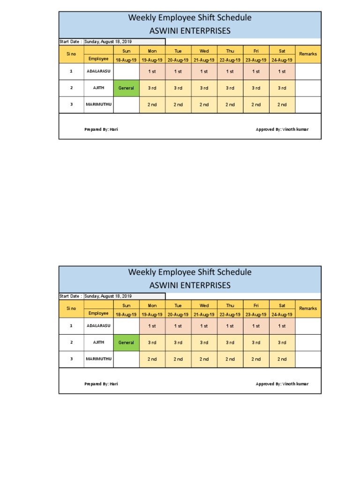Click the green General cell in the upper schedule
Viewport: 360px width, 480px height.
pyautogui.click(x=126, y=88)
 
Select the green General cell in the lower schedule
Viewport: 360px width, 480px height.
pyautogui.click(x=126, y=343)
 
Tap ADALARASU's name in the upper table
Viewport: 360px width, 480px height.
pyautogui.click(x=98, y=71)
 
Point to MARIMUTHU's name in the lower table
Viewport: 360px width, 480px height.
pyautogui.click(x=98, y=359)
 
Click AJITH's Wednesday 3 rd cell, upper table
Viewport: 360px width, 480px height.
pyautogui.click(x=204, y=88)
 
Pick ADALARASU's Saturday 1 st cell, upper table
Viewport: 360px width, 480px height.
pyautogui.click(x=282, y=71)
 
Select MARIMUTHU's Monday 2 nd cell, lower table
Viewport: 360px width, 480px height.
pyautogui.click(x=152, y=359)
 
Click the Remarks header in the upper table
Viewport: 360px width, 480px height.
pyautogui.click(x=308, y=54)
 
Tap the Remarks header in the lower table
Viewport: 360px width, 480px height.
pyautogui.click(x=308, y=309)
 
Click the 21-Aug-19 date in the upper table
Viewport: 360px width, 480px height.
pyautogui.click(x=204, y=60)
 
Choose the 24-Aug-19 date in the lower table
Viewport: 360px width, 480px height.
pyautogui.click(x=282, y=315)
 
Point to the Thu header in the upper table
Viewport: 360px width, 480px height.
pyautogui.click(x=230, y=50)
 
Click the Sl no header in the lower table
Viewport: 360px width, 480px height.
pyautogui.click(x=71, y=309)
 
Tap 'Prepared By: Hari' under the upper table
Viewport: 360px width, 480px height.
pyautogui.click(x=101, y=129)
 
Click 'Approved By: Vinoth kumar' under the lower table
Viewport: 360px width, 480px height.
pyautogui.click(x=282, y=384)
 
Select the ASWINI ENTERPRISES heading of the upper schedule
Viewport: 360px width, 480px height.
pyautogui.click(x=190, y=31)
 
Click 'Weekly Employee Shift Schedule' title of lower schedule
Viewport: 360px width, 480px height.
pyautogui.click(x=190, y=272)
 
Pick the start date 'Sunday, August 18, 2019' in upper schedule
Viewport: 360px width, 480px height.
pyautogui.click(x=108, y=42)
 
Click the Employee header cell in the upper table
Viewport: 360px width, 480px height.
pyautogui.click(x=98, y=59)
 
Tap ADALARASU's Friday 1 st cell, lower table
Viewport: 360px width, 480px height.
pyautogui.click(x=256, y=326)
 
